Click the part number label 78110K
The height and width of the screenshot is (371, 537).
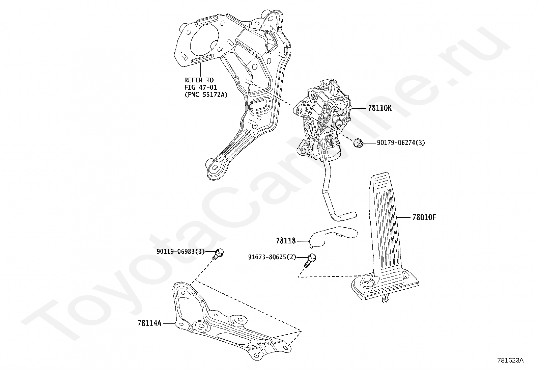click(380, 108)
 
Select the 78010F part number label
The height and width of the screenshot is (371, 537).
click(424, 217)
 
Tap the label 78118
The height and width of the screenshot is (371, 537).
click(286, 241)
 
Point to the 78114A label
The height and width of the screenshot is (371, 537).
click(149, 323)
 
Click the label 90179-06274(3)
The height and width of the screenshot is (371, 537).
click(401, 143)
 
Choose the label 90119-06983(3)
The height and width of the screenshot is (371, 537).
click(180, 251)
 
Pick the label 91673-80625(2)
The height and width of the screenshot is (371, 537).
click(272, 257)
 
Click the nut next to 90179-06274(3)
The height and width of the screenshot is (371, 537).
click(358, 143)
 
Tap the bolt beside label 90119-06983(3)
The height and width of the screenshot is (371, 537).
click(218, 254)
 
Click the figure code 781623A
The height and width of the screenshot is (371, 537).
click(510, 361)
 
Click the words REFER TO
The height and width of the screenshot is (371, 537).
click(199, 80)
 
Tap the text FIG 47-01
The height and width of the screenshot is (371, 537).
click(201, 87)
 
